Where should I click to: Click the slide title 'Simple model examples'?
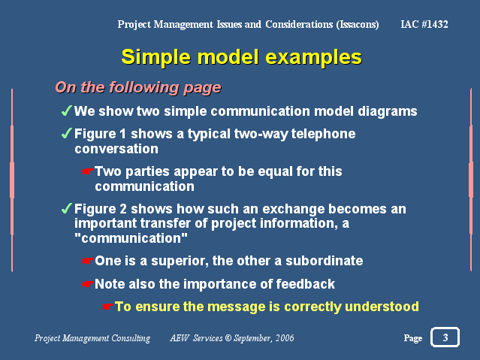pyautogui.click(x=242, y=57)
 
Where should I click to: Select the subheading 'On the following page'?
pyautogui.click(x=138, y=87)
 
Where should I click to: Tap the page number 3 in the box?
pyautogui.click(x=445, y=337)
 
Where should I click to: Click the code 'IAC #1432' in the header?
pyautogui.click(x=424, y=24)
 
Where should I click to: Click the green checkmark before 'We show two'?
pyautogui.click(x=67, y=110)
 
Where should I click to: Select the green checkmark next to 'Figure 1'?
pyautogui.click(x=67, y=133)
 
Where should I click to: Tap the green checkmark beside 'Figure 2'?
pyautogui.click(x=67, y=208)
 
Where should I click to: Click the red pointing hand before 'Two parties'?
pyautogui.click(x=88, y=171)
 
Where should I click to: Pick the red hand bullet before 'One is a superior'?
pyautogui.click(x=88, y=261)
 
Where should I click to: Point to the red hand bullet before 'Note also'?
pyautogui.click(x=88, y=284)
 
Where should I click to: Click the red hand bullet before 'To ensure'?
pyautogui.click(x=107, y=307)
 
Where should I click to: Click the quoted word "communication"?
pyautogui.click(x=131, y=238)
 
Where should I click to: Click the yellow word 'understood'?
pyautogui.click(x=382, y=307)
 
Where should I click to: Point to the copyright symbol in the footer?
pyautogui.click(x=228, y=338)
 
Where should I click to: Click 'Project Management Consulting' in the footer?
pyautogui.click(x=92, y=338)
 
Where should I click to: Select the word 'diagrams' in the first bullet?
pyautogui.click(x=388, y=111)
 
